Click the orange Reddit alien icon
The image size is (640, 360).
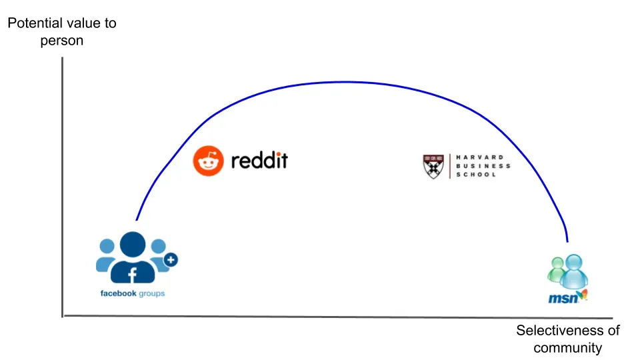coord(207,161)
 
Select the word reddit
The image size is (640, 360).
coord(259,161)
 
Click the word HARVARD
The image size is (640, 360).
coord(480,157)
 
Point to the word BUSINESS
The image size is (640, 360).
coord(483,166)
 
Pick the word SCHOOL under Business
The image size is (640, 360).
coord(476,175)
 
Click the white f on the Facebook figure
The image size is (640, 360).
coord(132,273)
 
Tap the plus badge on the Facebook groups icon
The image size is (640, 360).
coord(171,260)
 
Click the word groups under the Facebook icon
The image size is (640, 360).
coord(152,294)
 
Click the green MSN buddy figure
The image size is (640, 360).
coord(556,269)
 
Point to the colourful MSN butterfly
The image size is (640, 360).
coord(581,295)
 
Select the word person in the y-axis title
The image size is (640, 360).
coord(61,41)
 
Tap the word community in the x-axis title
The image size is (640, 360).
coord(567,348)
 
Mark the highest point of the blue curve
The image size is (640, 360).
coord(343,82)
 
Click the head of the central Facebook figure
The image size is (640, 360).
coord(133,243)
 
